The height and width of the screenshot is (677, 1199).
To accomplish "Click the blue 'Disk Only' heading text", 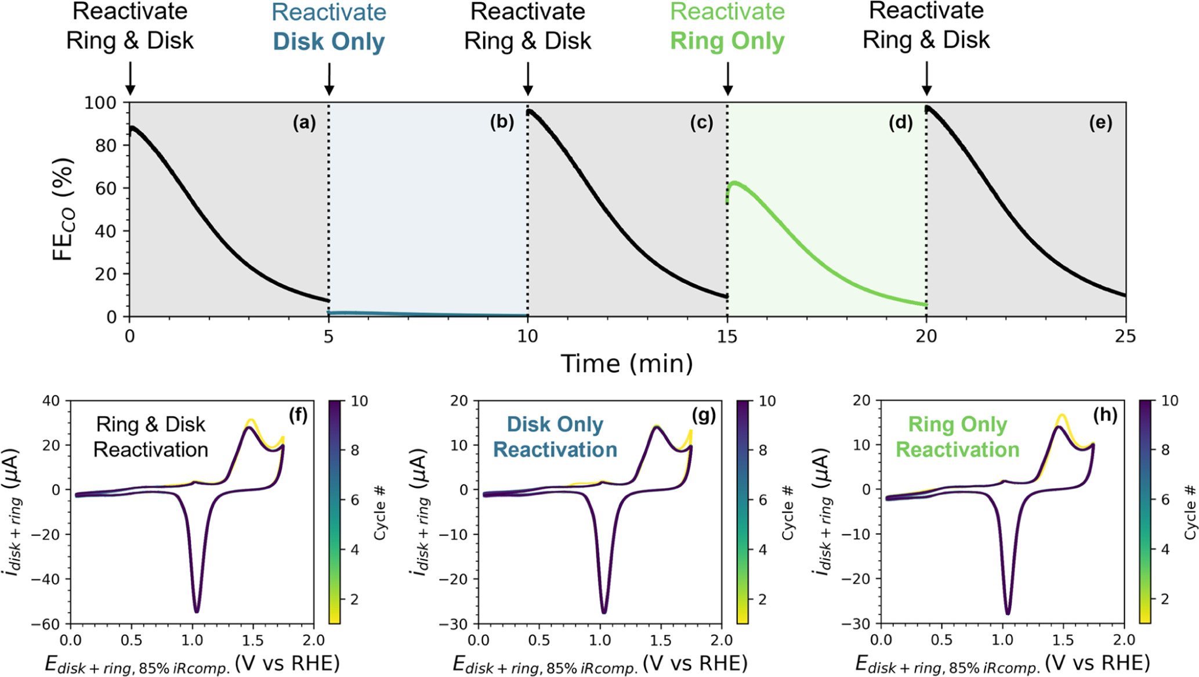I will click(x=329, y=42).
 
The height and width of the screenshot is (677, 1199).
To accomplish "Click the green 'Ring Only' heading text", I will click(x=727, y=41).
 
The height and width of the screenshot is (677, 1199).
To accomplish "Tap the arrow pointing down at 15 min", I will click(x=727, y=80).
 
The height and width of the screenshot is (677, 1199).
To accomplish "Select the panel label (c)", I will click(x=701, y=123).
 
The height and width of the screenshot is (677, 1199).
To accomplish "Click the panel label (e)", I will click(x=1100, y=123).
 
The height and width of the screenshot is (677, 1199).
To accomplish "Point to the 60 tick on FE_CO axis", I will click(x=106, y=188).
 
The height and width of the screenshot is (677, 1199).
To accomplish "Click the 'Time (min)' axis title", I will click(x=626, y=364).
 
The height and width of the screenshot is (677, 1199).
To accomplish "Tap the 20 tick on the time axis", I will click(x=926, y=337).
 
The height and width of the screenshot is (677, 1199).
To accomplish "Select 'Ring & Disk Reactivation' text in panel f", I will click(x=151, y=437).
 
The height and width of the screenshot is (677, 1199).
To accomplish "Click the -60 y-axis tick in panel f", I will click(x=50, y=624).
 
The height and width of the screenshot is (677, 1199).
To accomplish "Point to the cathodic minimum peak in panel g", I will click(x=604, y=612).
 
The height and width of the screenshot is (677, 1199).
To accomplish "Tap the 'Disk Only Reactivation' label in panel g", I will click(x=555, y=437).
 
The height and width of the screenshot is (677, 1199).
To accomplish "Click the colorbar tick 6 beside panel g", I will click(x=763, y=500).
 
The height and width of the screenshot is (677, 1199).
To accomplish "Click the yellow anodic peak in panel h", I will click(x=1062, y=415).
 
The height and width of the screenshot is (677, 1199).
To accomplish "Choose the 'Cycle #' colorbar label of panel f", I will click(x=380, y=513).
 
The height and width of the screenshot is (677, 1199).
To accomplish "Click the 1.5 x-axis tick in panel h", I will click(x=1063, y=640).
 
